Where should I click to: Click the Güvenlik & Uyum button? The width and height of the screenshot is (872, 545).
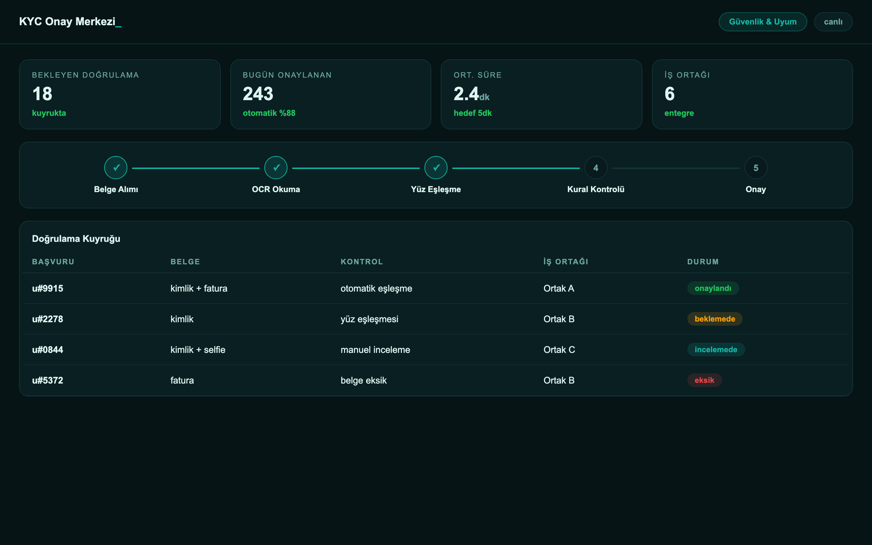click(x=762, y=21)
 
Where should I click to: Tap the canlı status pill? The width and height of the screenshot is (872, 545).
click(x=833, y=21)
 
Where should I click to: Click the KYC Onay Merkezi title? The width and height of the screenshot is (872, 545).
click(x=70, y=21)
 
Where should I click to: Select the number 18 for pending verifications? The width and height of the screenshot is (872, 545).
click(x=42, y=94)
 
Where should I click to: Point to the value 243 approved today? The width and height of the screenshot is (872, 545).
click(x=258, y=94)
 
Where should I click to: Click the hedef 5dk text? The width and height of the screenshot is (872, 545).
click(x=472, y=113)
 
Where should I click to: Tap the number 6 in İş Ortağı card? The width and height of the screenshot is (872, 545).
click(x=669, y=94)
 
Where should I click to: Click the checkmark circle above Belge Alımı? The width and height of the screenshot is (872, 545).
click(x=116, y=168)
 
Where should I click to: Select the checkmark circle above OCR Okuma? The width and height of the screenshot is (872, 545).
click(x=276, y=168)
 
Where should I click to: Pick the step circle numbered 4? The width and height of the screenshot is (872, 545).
click(x=596, y=168)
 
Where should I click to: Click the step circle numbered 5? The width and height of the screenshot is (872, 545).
click(x=756, y=168)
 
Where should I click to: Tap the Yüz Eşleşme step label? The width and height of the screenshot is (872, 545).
click(x=436, y=189)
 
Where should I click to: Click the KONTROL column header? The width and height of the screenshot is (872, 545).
click(x=362, y=262)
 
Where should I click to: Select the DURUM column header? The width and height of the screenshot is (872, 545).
click(x=703, y=262)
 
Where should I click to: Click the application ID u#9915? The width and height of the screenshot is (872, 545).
click(x=48, y=289)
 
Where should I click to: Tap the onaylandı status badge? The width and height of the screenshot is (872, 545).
click(x=713, y=289)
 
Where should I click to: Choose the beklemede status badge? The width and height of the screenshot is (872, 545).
click(x=715, y=319)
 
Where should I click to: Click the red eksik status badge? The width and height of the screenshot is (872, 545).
click(x=704, y=380)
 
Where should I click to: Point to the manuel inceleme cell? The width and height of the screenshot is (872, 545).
click(x=375, y=349)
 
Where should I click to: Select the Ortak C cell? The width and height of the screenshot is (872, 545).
click(x=559, y=349)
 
